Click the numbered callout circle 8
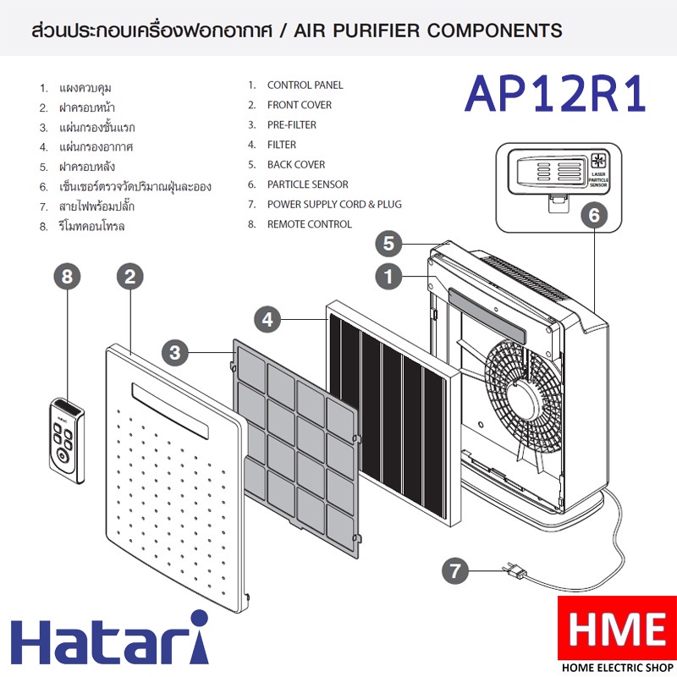coord(68,277)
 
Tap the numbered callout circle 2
coord(130,277)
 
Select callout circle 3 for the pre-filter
coord(175,352)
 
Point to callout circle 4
coord(267,320)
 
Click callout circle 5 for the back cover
coord(388,243)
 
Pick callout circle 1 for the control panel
coord(388,277)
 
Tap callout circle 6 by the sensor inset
coord(595,215)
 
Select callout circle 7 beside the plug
coord(455,570)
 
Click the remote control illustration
coord(67,440)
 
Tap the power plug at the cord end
coord(515,571)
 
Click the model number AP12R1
coord(555,94)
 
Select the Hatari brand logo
coord(110,637)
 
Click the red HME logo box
coord(617,628)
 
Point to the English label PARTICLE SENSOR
coord(307,184)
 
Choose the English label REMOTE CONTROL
coord(310,224)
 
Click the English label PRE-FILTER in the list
coord(291,124)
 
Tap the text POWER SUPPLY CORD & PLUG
coord(334,204)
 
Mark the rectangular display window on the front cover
coord(170,410)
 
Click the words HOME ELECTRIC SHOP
coord(618,668)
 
